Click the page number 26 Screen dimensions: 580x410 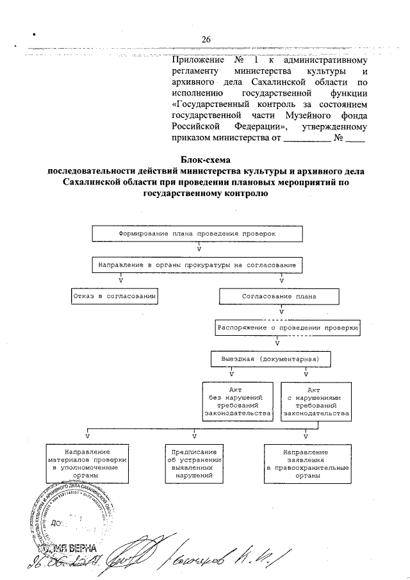click(206, 40)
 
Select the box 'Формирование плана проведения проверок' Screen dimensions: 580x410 click(197, 234)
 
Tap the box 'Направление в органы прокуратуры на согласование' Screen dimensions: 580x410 click(196, 265)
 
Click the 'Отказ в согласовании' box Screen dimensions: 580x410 click(113, 297)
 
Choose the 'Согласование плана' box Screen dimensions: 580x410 click(280, 297)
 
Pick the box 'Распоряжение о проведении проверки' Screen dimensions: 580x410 click(288, 327)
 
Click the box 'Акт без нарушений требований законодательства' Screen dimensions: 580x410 click(237, 401)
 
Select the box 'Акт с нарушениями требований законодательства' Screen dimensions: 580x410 click(315, 401)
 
